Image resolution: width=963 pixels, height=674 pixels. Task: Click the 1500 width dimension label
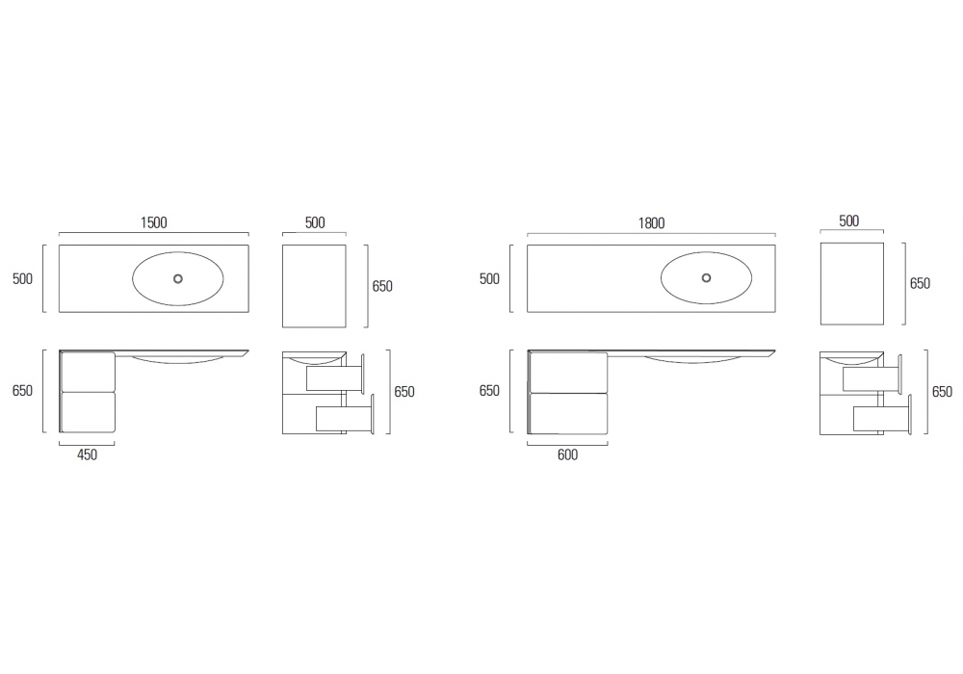coord(153,222)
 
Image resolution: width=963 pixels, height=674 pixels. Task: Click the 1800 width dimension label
coord(651,222)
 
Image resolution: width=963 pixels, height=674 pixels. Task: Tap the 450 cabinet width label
coord(88,454)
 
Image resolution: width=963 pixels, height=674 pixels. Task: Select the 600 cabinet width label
coord(567,454)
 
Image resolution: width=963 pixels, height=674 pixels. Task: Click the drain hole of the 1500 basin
coord(178,278)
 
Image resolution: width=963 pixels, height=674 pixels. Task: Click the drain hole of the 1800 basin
coord(706,278)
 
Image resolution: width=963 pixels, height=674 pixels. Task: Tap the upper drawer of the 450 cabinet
coord(88,372)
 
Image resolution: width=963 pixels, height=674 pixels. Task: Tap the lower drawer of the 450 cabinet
coord(88,412)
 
